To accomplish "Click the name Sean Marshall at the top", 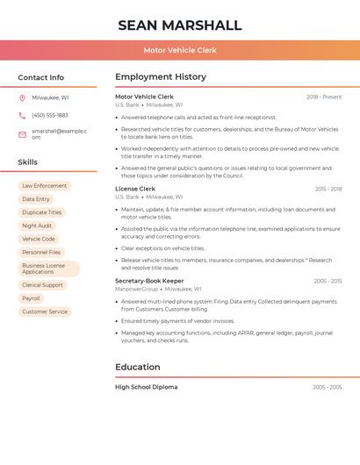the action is click(x=179, y=25).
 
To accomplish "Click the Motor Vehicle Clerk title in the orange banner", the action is click(x=180, y=50).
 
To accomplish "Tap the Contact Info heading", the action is click(x=40, y=77).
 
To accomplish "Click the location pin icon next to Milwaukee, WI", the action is click(x=22, y=98).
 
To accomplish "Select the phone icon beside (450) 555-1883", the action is click(x=22, y=115).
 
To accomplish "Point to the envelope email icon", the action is click(x=22, y=133).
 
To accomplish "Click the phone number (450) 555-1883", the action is click(x=50, y=115).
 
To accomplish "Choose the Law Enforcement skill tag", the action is click(x=44, y=186).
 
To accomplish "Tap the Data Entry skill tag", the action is click(x=36, y=199).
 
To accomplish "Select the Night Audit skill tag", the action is click(x=37, y=225).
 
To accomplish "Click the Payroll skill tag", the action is click(x=32, y=298).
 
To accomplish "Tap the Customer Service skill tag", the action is click(x=45, y=311).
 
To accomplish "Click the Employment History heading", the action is click(x=161, y=77).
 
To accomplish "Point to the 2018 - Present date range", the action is click(x=324, y=97).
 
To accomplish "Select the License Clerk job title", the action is click(x=135, y=189).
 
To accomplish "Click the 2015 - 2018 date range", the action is click(x=328, y=189).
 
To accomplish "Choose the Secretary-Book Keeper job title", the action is click(x=149, y=281).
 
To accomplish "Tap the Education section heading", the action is click(x=138, y=367).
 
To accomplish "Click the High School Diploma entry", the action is click(x=146, y=387).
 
